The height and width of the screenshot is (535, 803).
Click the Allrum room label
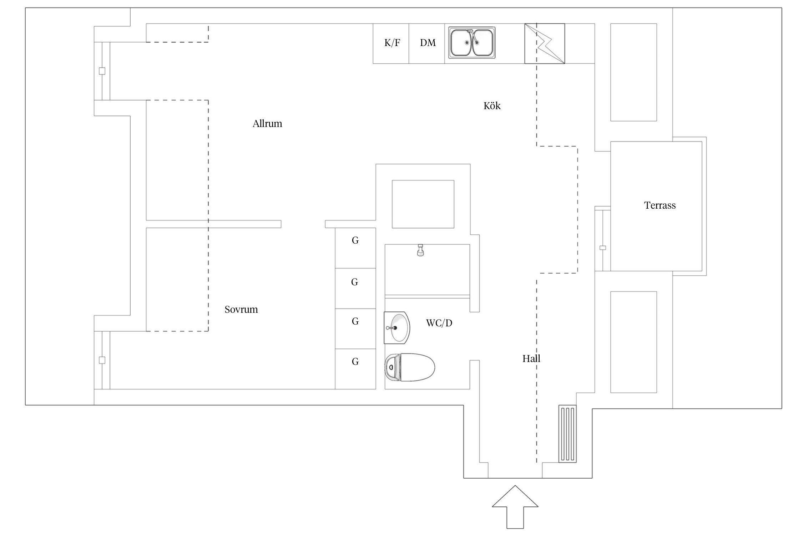[267, 124]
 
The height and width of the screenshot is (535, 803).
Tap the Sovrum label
[241, 309]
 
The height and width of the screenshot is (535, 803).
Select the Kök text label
[492, 106]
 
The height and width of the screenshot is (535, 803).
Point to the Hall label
[531, 359]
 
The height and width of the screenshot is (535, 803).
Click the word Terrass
[660, 205]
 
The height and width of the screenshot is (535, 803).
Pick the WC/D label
[439, 323]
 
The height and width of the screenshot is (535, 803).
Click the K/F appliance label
[392, 43]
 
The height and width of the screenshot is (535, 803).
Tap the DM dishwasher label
[428, 43]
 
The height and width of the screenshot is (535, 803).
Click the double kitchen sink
[471, 43]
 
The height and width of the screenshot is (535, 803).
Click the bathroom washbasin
[397, 327]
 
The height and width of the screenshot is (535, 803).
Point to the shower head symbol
[420, 250]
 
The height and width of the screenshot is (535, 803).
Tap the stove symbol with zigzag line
[544, 44]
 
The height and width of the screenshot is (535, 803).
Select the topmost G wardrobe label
[355, 241]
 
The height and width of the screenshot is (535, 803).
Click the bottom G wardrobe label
[355, 362]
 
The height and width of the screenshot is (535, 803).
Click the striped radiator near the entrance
[567, 434]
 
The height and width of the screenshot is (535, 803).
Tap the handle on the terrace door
[603, 248]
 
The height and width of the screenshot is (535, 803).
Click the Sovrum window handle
[102, 360]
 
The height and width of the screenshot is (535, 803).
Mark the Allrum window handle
[102, 71]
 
